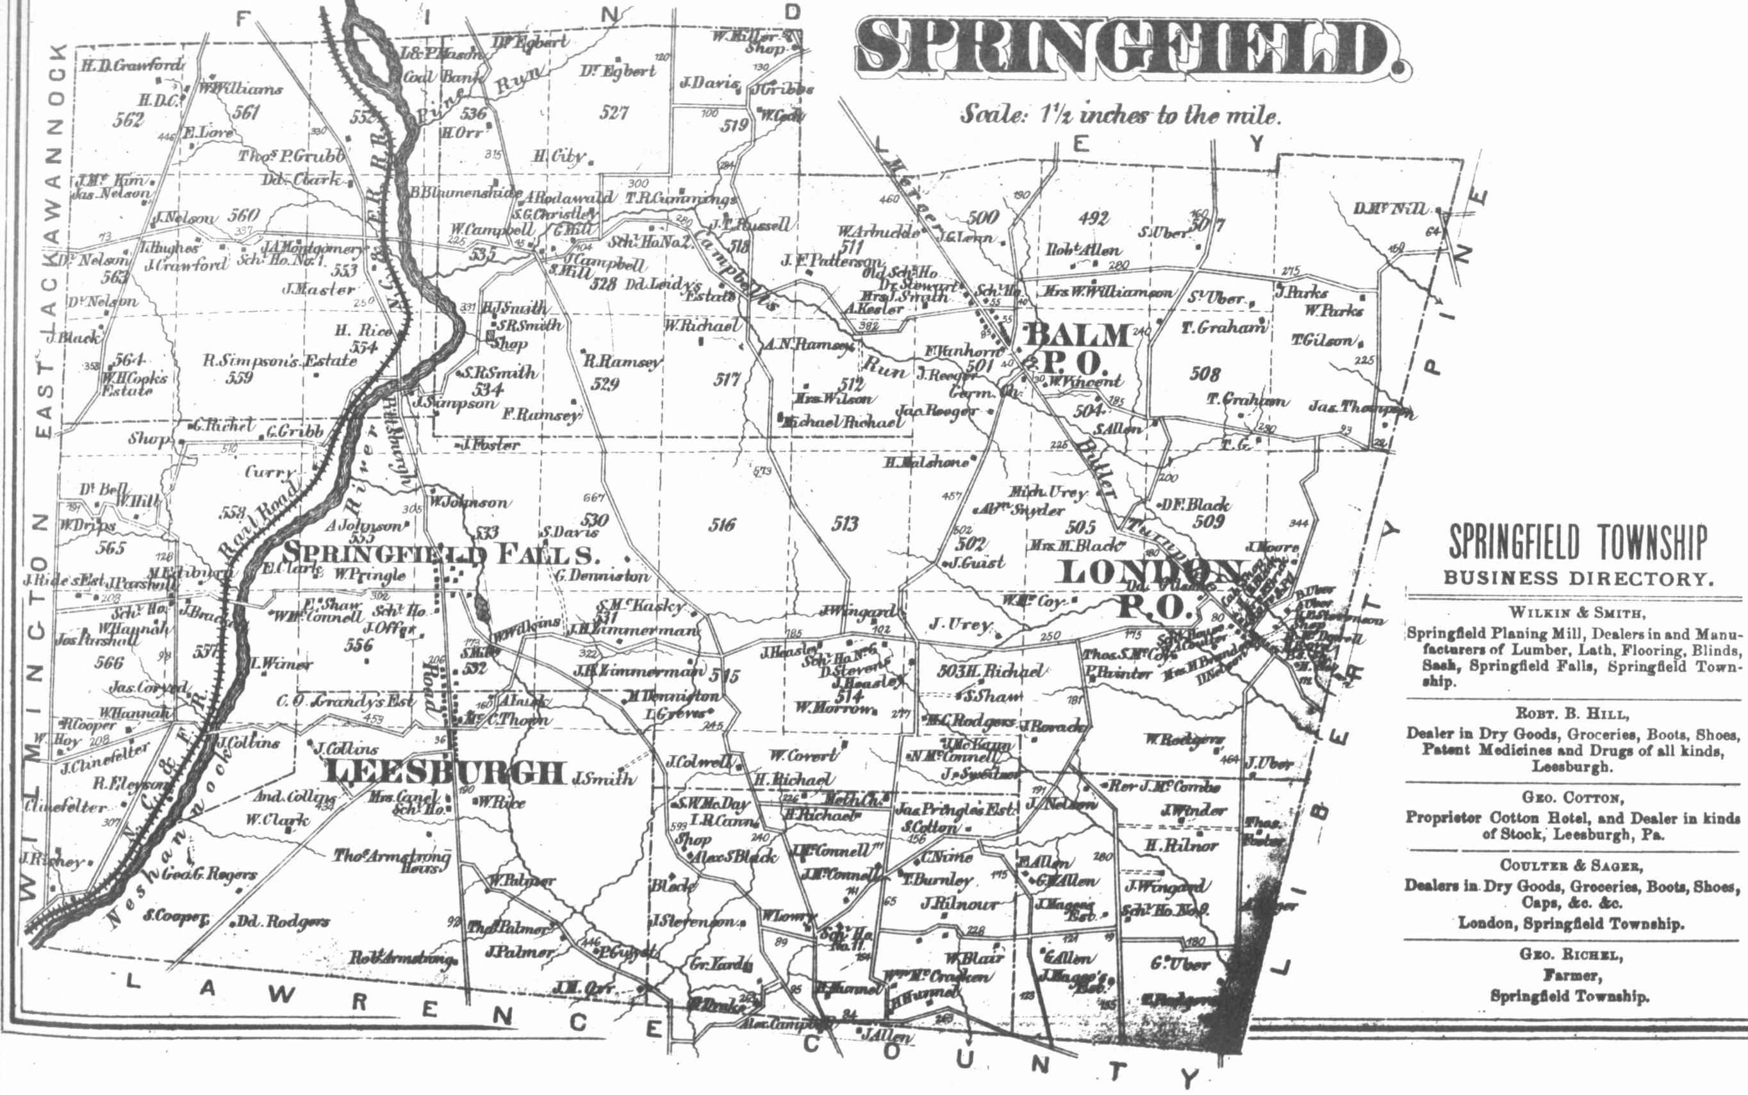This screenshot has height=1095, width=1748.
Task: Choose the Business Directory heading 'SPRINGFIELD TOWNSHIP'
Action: (1577, 543)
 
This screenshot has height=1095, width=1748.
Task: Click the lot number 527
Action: (614, 112)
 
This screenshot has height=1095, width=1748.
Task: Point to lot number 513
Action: (845, 524)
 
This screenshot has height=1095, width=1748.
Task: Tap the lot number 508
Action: (1205, 374)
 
